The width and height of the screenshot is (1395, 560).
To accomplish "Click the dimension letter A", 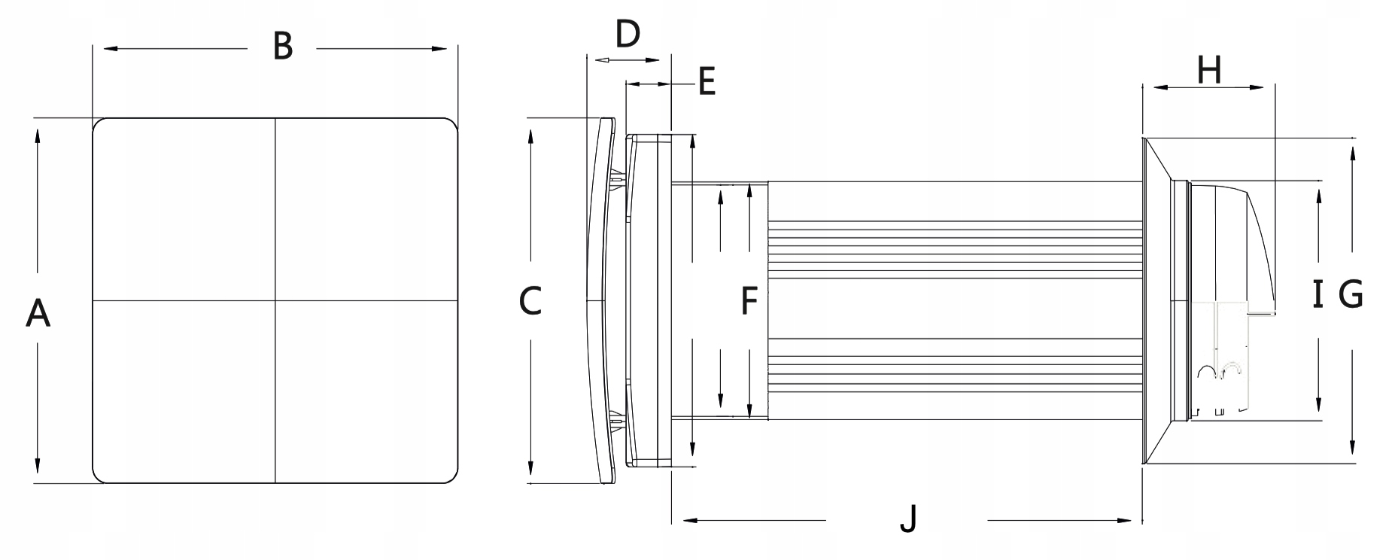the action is click(x=38, y=313).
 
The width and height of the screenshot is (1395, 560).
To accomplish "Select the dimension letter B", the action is click(x=282, y=46).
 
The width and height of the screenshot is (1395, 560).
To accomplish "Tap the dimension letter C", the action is click(x=530, y=302).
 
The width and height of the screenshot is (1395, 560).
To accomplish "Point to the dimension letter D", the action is click(x=628, y=33).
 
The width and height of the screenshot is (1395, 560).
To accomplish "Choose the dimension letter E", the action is click(x=706, y=81).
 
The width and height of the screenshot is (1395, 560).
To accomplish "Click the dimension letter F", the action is click(x=749, y=300).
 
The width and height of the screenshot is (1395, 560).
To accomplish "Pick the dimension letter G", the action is click(x=1351, y=294).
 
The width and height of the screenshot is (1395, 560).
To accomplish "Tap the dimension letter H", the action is click(x=1209, y=71).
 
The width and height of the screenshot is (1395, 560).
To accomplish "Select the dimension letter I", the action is click(x=1317, y=294).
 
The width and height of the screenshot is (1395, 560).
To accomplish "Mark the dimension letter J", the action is click(x=909, y=519).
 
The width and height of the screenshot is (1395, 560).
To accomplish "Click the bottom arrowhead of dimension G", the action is click(x=1353, y=449).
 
